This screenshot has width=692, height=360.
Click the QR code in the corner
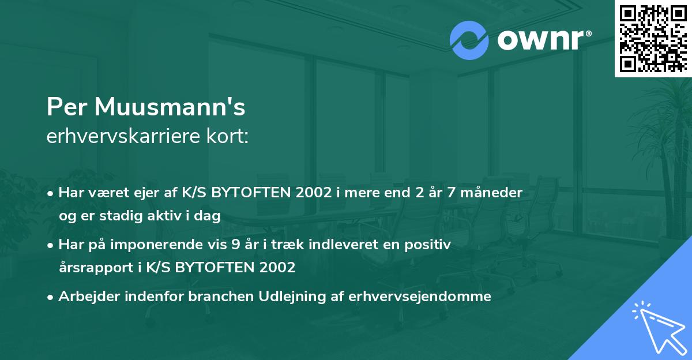point(653,39)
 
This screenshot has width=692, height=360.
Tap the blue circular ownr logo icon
point(468,40)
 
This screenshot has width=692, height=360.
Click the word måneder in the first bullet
point(494,193)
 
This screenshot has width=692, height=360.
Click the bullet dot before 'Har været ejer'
point(52,193)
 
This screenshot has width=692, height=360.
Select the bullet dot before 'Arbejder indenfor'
point(52,297)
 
